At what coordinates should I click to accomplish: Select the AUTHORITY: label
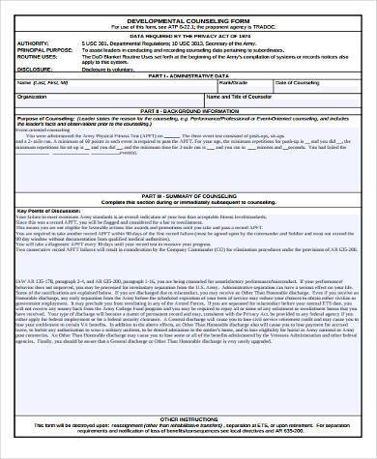(x=34, y=43)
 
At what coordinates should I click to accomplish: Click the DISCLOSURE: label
(x=37, y=69)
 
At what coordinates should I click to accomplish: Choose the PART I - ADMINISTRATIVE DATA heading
(x=188, y=76)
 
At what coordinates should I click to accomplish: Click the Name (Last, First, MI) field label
(x=44, y=84)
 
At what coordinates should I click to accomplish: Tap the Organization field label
(x=33, y=98)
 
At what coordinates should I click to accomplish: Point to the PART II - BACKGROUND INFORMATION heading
(x=188, y=111)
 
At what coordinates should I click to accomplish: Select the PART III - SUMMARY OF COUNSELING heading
(x=188, y=195)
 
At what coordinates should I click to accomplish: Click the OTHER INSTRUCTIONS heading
(x=188, y=419)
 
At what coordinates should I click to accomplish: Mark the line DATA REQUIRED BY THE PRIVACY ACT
(x=188, y=36)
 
